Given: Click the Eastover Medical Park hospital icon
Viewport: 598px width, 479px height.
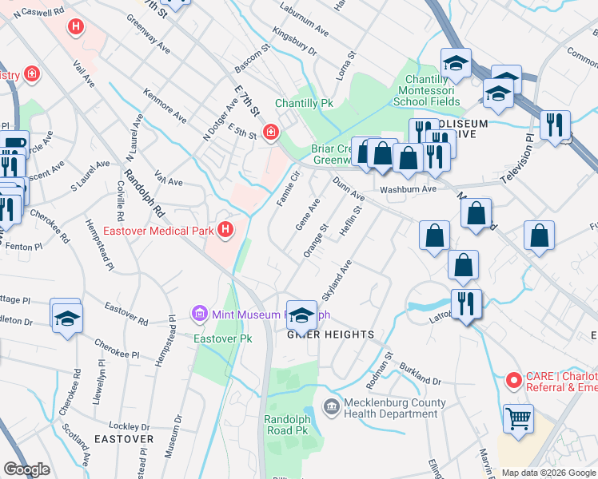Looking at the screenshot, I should tap(225, 231).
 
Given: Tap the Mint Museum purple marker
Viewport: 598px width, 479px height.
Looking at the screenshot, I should tap(200, 314).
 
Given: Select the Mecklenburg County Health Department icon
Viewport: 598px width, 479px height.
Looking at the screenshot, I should tap(331, 408).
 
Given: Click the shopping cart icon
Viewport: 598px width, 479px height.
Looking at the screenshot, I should tap(518, 418).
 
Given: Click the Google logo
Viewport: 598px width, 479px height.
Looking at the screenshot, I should tap(26, 469).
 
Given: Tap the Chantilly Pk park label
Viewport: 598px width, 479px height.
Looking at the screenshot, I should tap(304, 104).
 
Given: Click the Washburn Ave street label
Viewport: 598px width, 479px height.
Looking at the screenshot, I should tap(408, 189).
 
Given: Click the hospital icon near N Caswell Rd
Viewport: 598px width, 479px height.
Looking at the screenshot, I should tap(76, 28).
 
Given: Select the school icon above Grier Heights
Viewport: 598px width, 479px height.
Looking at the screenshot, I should tap(301, 314).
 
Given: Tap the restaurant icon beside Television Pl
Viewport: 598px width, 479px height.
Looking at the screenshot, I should tap(552, 125).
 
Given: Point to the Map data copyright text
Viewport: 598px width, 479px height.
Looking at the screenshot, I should tap(548, 473).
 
